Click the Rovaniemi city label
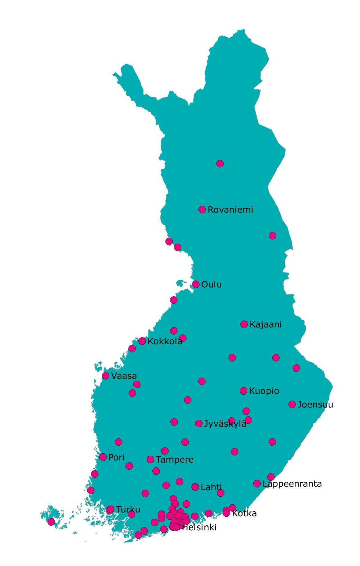[230, 210]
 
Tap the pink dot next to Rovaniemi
[202, 210]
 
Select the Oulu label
[211, 285]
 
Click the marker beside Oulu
[196, 284]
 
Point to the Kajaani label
[266, 324]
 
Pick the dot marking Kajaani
[244, 324]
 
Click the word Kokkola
[165, 341]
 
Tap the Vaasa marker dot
[106, 376]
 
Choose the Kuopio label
[264, 391]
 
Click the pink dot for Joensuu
[292, 404]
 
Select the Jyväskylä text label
[225, 424]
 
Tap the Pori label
[116, 458]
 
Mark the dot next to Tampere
[150, 460]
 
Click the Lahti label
[211, 487]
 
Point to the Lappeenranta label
[292, 484]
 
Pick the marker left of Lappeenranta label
[257, 484]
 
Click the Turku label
[128, 509]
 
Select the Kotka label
[244, 513]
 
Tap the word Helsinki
[199, 527]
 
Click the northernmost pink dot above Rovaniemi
[220, 164]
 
